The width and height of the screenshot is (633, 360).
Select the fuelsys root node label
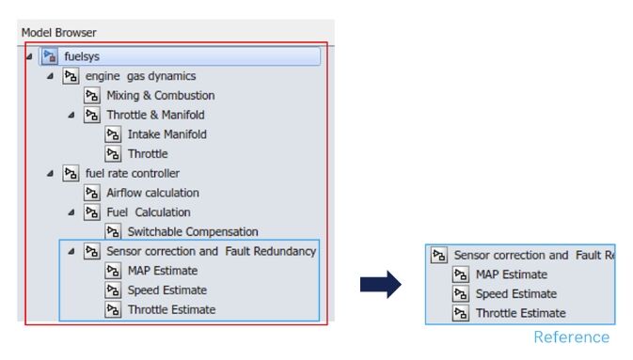coord(83,56)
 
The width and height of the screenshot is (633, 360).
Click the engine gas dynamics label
coord(140,76)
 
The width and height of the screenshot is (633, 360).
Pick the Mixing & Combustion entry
coord(160,95)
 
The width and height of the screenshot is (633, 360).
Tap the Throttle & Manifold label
coord(155,115)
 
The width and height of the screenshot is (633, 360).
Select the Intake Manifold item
coord(166,134)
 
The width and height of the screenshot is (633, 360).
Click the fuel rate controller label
coord(132,173)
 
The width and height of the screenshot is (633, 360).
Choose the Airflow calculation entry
coord(152,193)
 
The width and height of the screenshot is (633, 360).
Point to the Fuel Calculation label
coord(148,212)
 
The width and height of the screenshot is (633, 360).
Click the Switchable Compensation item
coord(192,231)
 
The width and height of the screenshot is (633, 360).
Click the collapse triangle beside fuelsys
coord(30,56)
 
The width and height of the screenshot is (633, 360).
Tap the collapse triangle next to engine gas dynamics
coord(51,76)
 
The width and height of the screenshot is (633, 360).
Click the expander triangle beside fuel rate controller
coord(51,173)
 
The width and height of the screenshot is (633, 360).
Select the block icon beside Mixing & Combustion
coord(91,95)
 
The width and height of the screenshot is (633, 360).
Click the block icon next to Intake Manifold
coord(113,134)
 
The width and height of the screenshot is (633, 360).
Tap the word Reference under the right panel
coord(571,337)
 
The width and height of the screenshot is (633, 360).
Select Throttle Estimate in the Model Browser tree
coord(171,309)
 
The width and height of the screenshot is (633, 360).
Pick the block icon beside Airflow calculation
coord(91,193)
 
